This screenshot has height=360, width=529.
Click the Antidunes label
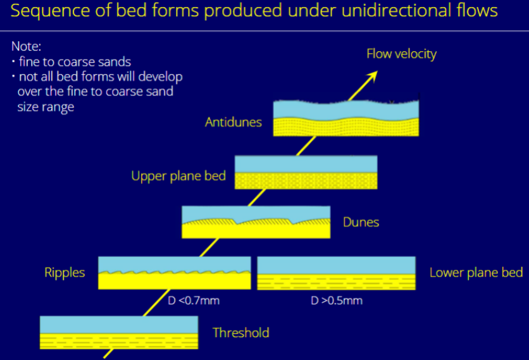click(x=233, y=122)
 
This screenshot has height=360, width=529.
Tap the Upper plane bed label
click(x=178, y=175)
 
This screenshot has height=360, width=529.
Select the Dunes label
click(x=361, y=222)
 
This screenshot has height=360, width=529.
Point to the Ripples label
click(x=65, y=273)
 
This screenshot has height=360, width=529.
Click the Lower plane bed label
click(x=476, y=273)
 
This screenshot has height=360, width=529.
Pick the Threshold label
click(x=240, y=333)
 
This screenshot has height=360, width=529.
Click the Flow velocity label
click(x=401, y=54)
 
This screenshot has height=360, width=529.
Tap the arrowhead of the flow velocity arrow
click(x=373, y=75)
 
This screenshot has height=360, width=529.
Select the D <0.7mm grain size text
click(x=194, y=301)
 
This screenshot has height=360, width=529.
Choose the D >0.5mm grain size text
click(x=337, y=301)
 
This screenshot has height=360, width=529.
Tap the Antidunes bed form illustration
click(x=346, y=118)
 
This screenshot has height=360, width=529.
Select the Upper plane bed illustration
click(x=306, y=172)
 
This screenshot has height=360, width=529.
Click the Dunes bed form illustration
click(x=256, y=222)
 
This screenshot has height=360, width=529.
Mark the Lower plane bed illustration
click(x=336, y=273)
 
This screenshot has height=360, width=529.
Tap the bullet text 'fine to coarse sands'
click(x=73, y=61)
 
